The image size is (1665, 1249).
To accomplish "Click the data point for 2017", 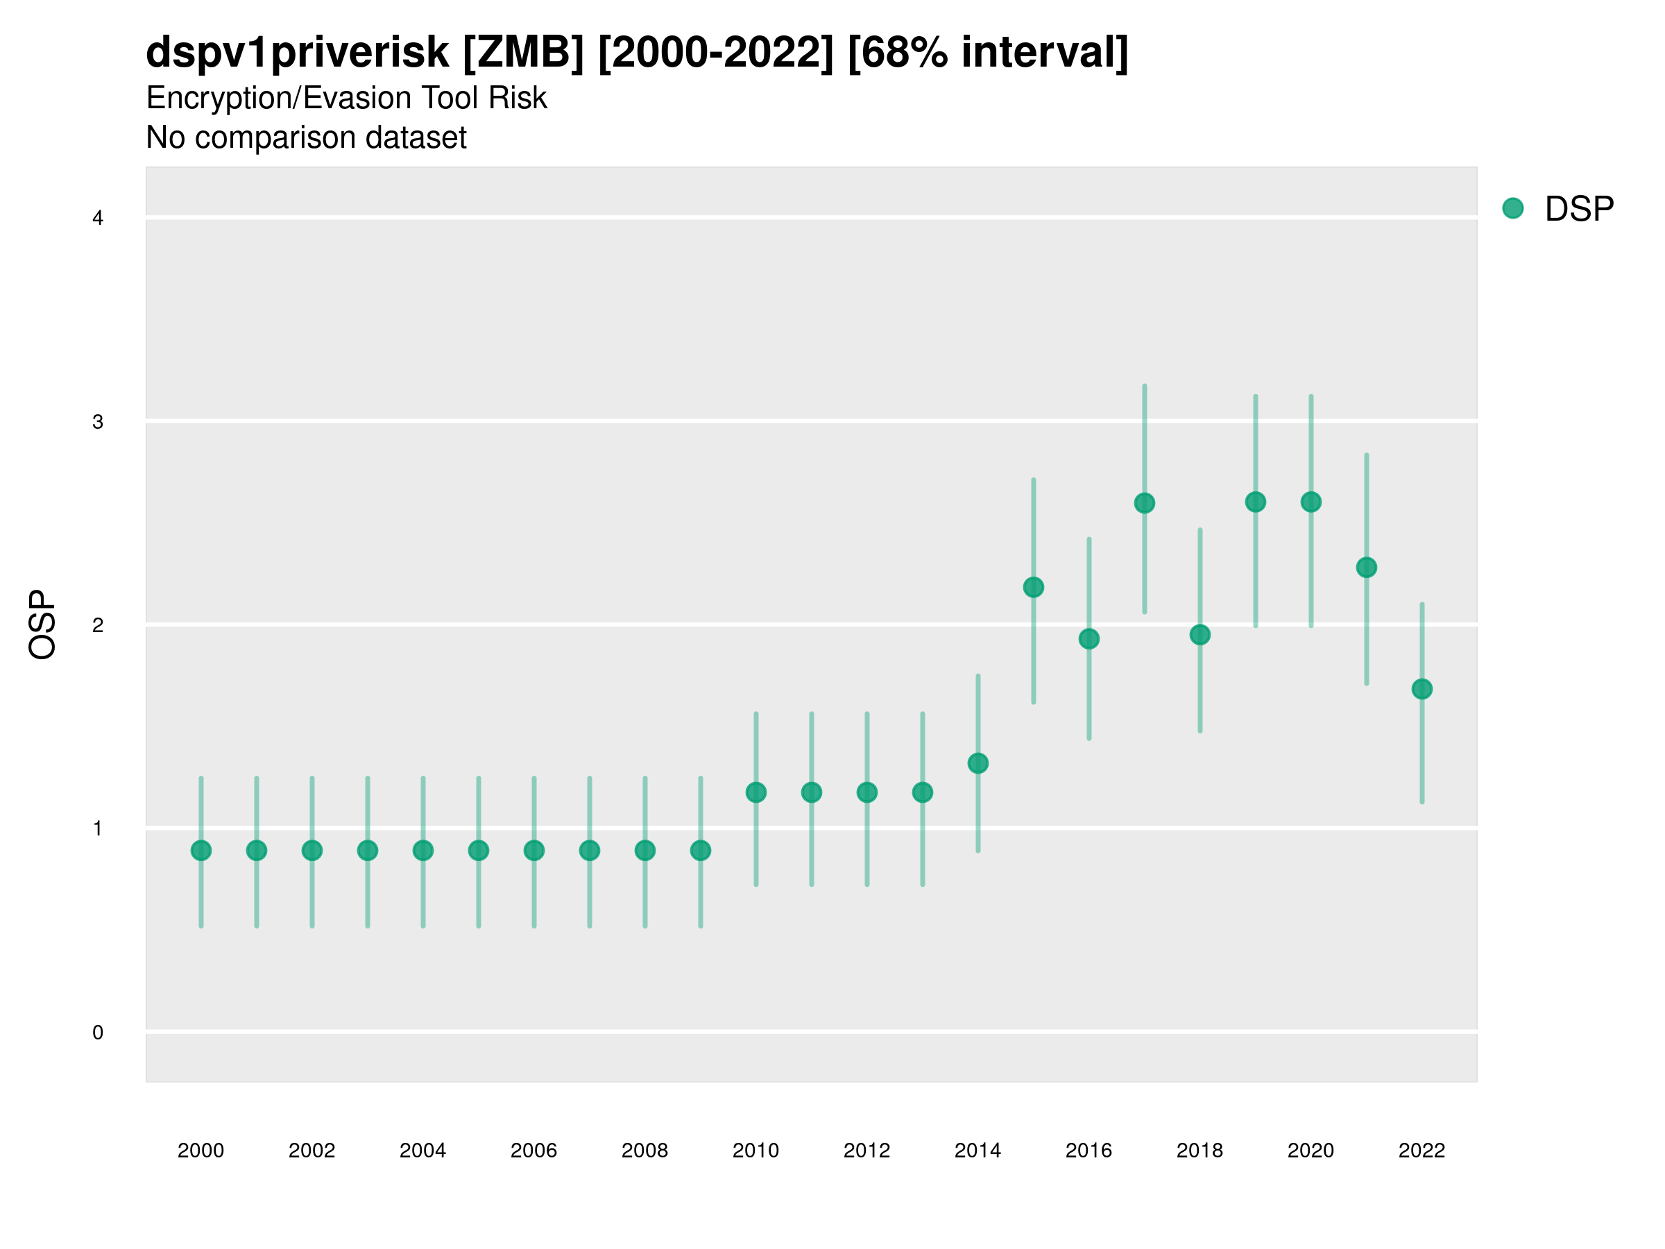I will click(x=1144, y=503).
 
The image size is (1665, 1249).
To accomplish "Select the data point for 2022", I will click(x=1422, y=689).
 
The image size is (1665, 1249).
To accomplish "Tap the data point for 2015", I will click(x=1034, y=587).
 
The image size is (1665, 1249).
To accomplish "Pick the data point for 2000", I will click(x=201, y=851).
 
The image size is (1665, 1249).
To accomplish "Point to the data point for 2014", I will click(x=977, y=763).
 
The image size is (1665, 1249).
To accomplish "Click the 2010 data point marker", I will click(x=755, y=792).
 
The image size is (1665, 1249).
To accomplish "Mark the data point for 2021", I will click(x=1366, y=568).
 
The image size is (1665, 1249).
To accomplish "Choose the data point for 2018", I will click(x=1199, y=635).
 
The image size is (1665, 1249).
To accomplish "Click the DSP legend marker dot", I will click(x=1512, y=209).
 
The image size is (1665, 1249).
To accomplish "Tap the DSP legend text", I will click(x=1579, y=210).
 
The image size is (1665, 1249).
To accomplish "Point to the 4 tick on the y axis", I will click(x=98, y=219).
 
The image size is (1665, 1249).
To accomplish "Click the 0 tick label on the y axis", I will click(x=98, y=1033).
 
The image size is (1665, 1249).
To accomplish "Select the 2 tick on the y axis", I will click(x=98, y=625).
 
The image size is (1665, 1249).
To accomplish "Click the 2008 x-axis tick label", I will click(x=644, y=1150).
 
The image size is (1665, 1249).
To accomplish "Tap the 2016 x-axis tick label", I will click(x=1088, y=1150).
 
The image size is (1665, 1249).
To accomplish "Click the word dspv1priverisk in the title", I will click(x=298, y=53).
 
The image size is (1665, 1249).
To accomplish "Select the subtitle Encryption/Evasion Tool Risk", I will click(x=346, y=98).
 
